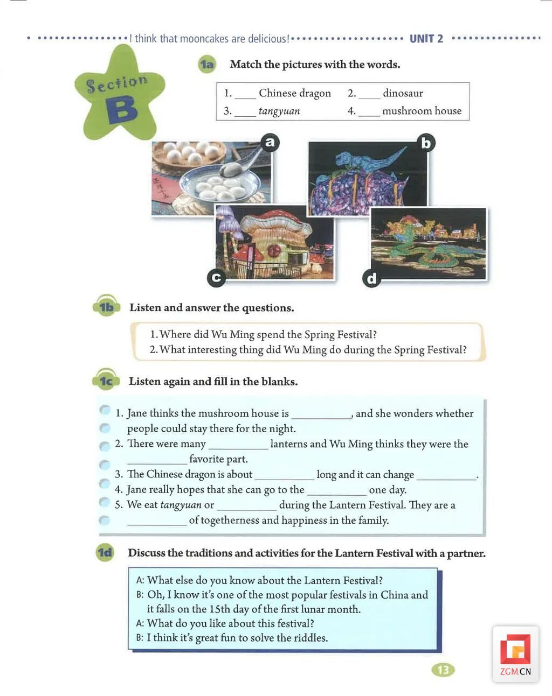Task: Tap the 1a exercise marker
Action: pyautogui.click(x=206, y=65)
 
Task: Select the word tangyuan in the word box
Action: pyautogui.click(x=279, y=111)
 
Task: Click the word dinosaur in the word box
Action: pyautogui.click(x=403, y=93)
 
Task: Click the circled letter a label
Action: pyautogui.click(x=270, y=143)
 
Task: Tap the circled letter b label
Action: pyautogui.click(x=426, y=143)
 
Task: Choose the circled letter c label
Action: pyautogui.click(x=216, y=277)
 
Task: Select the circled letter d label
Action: pyautogui.click(x=371, y=278)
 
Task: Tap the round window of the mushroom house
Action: pyautogui.click(x=274, y=250)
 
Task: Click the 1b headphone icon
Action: pyautogui.click(x=106, y=307)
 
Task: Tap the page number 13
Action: pyautogui.click(x=443, y=670)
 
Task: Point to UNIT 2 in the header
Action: pyautogui.click(x=426, y=39)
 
